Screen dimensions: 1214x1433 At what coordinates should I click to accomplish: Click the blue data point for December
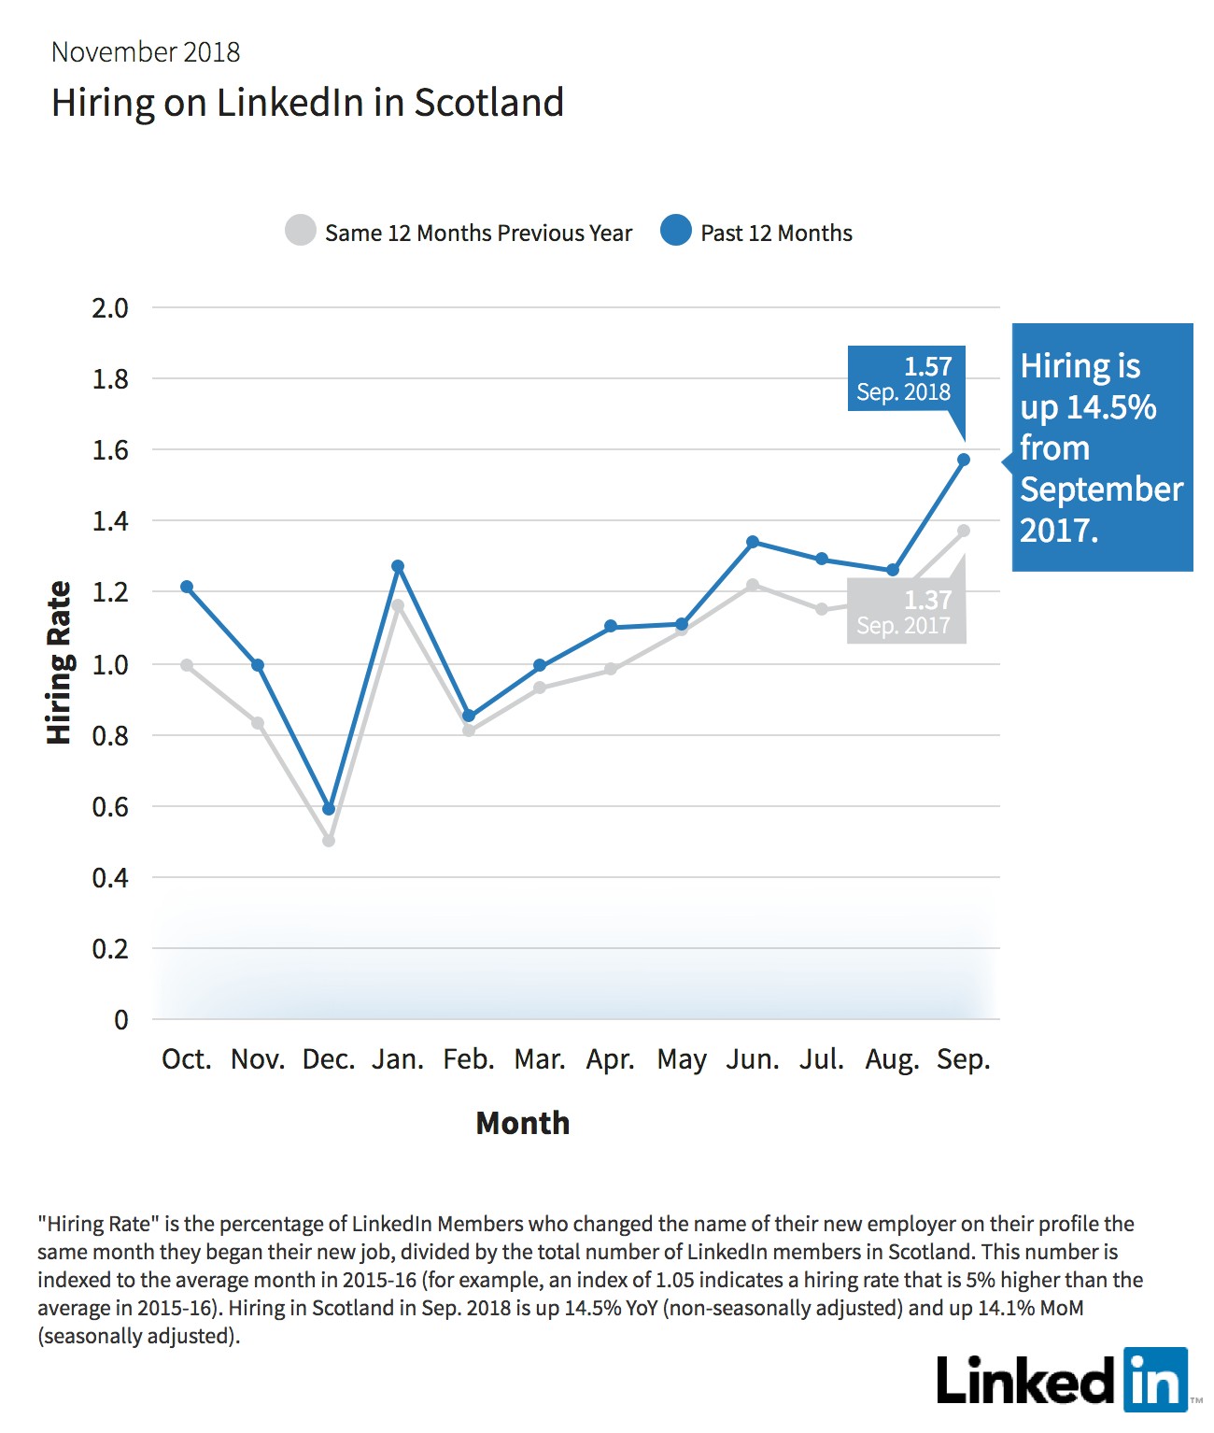[x=329, y=809]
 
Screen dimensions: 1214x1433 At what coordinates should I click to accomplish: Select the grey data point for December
[x=329, y=841]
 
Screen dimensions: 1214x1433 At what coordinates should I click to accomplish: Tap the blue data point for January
[x=398, y=566]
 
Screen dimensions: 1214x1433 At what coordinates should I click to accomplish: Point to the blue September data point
[x=963, y=460]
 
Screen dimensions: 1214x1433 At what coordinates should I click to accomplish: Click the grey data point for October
[x=187, y=665]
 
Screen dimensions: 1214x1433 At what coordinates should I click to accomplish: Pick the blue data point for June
[x=753, y=542]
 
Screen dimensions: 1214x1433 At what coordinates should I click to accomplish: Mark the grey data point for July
[x=822, y=609]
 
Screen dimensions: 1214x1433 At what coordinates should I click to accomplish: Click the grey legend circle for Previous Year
[x=301, y=230]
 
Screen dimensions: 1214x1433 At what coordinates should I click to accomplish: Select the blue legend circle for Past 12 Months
[x=675, y=230]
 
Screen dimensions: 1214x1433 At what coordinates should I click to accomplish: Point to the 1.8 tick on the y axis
[x=110, y=379]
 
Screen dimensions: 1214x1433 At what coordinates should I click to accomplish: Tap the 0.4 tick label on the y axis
[x=110, y=878]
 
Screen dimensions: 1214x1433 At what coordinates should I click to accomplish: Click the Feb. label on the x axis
[x=469, y=1059]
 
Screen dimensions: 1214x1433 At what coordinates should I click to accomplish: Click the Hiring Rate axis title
[x=59, y=662]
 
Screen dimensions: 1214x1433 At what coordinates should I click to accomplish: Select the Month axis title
[x=522, y=1123]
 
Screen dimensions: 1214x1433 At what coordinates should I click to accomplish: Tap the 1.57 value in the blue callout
[x=928, y=366]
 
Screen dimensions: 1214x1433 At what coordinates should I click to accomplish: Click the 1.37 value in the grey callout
[x=928, y=600]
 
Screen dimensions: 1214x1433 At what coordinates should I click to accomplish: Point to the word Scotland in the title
[x=489, y=102]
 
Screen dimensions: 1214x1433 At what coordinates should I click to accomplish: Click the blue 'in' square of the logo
[x=1155, y=1380]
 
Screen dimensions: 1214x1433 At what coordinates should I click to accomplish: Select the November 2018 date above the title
[x=146, y=52]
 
